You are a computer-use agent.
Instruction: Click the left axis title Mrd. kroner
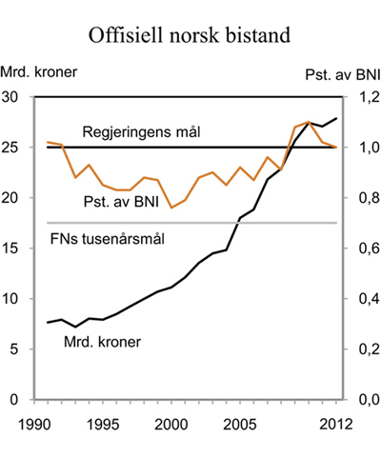[39, 72]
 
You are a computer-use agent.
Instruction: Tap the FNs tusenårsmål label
[107, 237]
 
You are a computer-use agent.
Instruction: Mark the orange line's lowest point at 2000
[171, 208]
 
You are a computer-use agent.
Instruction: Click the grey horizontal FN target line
[238, 223]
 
